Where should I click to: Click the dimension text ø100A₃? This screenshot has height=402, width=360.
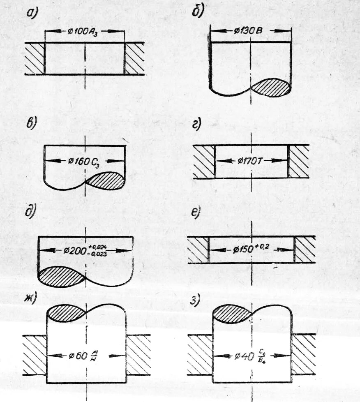84,31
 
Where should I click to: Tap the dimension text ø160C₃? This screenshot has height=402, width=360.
84,161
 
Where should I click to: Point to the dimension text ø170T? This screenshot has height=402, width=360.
251,160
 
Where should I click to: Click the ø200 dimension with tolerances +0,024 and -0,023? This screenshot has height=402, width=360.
85,250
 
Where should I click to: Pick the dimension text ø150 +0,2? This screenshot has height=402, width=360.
252,249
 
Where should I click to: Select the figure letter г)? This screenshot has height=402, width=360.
197,124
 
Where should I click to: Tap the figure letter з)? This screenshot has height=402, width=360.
195,300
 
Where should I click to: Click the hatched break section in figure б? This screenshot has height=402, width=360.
272,88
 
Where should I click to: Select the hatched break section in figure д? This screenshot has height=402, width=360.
62,277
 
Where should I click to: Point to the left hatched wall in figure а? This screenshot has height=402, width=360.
35,58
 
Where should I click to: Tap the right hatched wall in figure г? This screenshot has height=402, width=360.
298,161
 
